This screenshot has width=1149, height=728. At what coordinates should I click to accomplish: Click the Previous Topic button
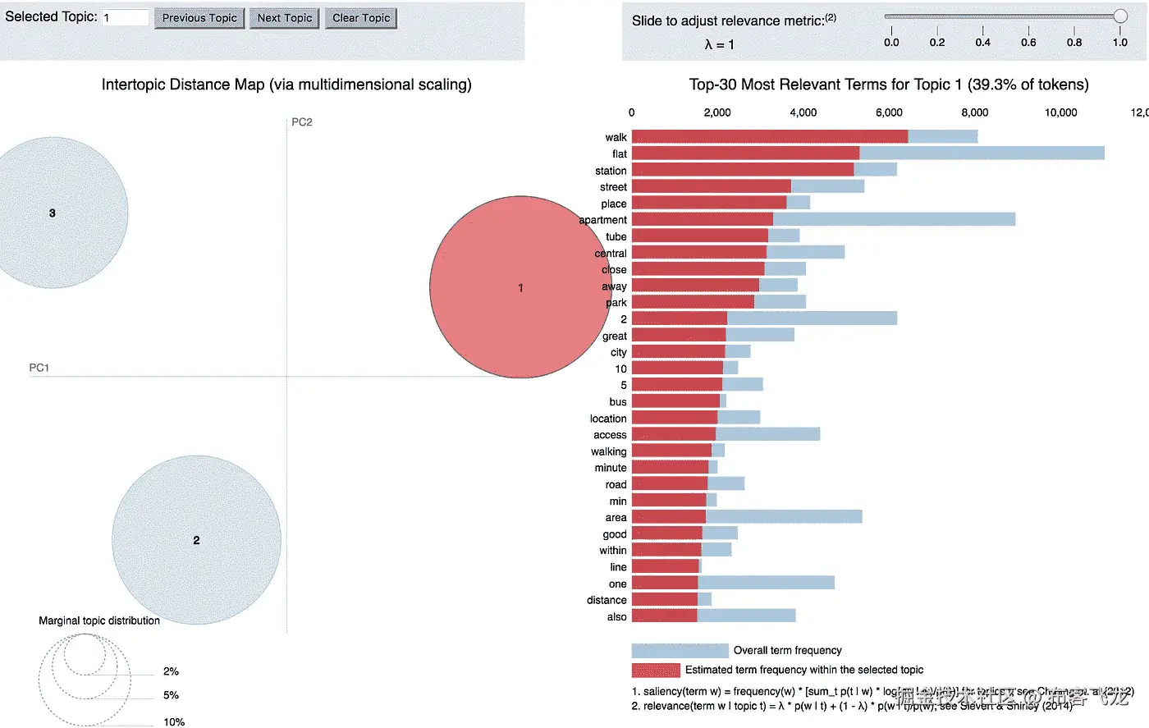pos(199,18)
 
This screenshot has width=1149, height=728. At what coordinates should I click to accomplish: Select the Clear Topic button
pos(361,18)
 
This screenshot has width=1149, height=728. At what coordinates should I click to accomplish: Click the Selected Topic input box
pos(126,17)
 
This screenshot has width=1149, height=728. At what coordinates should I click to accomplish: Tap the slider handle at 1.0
pos(1120,16)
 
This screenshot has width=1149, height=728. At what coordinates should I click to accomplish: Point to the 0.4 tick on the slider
pos(982,42)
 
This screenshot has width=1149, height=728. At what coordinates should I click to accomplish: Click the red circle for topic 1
pos(520,287)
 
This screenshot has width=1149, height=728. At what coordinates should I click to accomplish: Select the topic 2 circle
pos(196,540)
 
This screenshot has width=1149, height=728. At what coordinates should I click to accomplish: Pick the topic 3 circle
pos(53,213)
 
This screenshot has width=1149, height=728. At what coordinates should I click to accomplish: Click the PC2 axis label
pos(302,122)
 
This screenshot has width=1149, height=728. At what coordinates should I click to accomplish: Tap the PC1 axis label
pos(39,368)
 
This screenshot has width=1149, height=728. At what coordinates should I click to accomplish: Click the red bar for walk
pos(770,137)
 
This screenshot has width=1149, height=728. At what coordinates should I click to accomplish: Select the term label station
pos(611,171)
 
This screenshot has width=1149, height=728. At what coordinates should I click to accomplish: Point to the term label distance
pos(607,600)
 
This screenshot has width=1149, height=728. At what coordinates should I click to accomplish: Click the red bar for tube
pos(700,236)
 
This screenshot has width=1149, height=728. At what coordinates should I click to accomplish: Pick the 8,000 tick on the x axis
pos(974,112)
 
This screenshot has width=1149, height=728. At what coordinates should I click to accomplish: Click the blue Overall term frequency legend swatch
pos(680,651)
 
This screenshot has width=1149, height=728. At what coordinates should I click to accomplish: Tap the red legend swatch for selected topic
pos(656,670)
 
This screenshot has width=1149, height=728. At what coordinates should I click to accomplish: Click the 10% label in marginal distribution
pos(174,722)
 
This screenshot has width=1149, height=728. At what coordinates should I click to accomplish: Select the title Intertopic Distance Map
pos(286,85)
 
